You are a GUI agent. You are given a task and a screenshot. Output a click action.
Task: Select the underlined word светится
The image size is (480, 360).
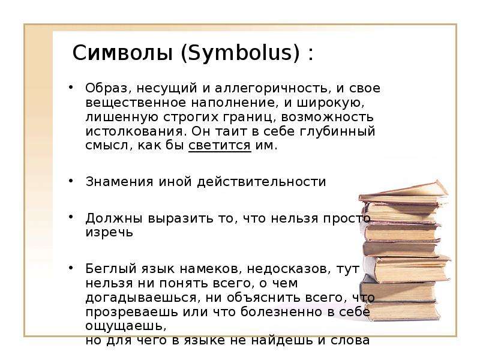click(220, 145)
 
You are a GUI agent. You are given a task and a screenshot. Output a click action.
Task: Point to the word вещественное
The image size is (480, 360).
click(136, 103)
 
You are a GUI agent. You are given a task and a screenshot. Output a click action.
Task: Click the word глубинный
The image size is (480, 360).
click(337, 131)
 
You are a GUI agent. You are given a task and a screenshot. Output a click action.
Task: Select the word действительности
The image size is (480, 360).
click(262, 182)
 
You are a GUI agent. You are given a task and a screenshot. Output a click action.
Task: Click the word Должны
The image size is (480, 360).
click(114, 218)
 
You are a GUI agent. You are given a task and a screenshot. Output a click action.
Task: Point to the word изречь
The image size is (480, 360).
click(109, 232)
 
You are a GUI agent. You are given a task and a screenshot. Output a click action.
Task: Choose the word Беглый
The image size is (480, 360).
click(110, 269)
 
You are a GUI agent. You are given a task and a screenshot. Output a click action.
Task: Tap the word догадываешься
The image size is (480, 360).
click(141, 298)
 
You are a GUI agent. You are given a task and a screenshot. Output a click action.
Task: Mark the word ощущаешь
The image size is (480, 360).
click(125, 326)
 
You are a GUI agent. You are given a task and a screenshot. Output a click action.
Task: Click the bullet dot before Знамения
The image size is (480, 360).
click(71, 181)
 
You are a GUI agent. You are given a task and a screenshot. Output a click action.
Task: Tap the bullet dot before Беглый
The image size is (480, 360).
click(71, 268)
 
